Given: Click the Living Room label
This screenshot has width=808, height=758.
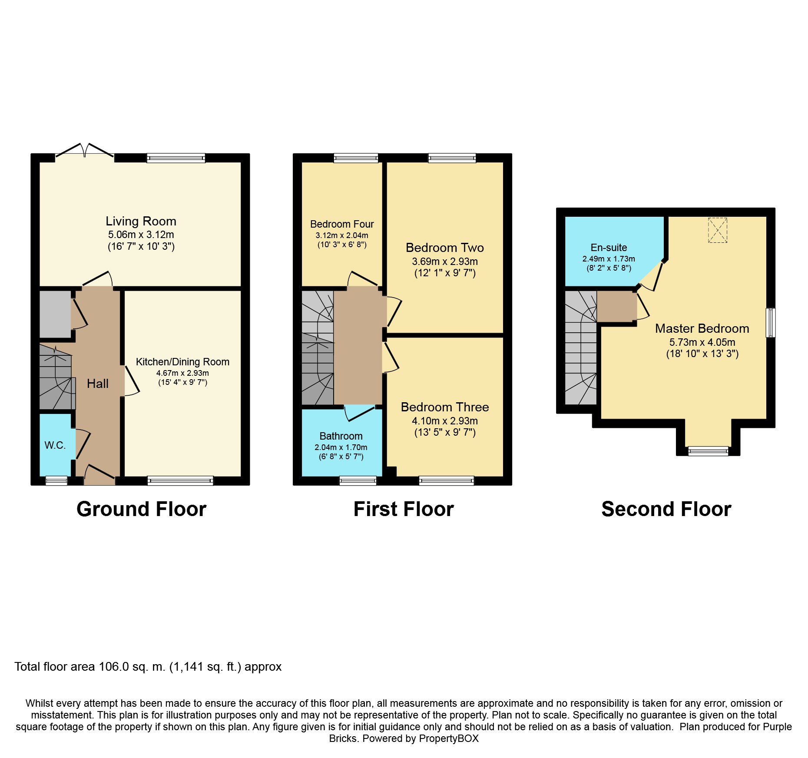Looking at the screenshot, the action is [141, 221].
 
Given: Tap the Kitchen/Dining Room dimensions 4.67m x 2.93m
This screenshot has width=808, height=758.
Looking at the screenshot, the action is [182, 373].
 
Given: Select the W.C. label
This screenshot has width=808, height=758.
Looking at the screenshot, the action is [55, 445].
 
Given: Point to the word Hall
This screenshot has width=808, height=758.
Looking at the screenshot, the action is [98, 384].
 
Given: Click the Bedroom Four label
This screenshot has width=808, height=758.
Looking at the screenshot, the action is [342, 224].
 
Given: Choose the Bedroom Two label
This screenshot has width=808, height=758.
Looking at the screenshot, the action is [445, 248].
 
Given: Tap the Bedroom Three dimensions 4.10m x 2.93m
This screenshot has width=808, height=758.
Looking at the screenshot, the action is [445, 421].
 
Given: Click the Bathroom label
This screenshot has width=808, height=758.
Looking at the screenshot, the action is [341, 436].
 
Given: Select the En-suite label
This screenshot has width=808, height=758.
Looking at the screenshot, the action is [609, 248].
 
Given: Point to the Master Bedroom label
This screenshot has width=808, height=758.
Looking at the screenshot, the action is [702, 328].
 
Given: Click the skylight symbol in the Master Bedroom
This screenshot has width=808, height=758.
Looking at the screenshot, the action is [718, 230].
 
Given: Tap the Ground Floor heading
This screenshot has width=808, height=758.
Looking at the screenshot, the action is [141, 509].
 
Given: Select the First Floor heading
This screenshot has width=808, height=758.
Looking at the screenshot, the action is [404, 509].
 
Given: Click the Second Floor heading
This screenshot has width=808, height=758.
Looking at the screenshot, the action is [666, 509].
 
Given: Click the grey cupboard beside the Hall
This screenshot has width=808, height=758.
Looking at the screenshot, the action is [55, 314].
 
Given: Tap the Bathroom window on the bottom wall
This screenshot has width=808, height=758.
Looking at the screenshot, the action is [358, 480].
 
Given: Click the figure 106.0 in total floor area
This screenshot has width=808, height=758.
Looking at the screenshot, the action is [114, 667].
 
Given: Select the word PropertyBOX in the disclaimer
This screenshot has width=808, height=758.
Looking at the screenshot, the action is [449, 738].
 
